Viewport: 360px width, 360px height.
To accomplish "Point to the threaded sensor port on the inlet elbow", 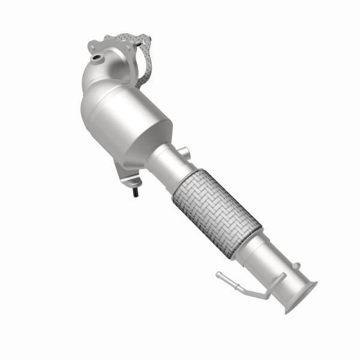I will tap(96, 58).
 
